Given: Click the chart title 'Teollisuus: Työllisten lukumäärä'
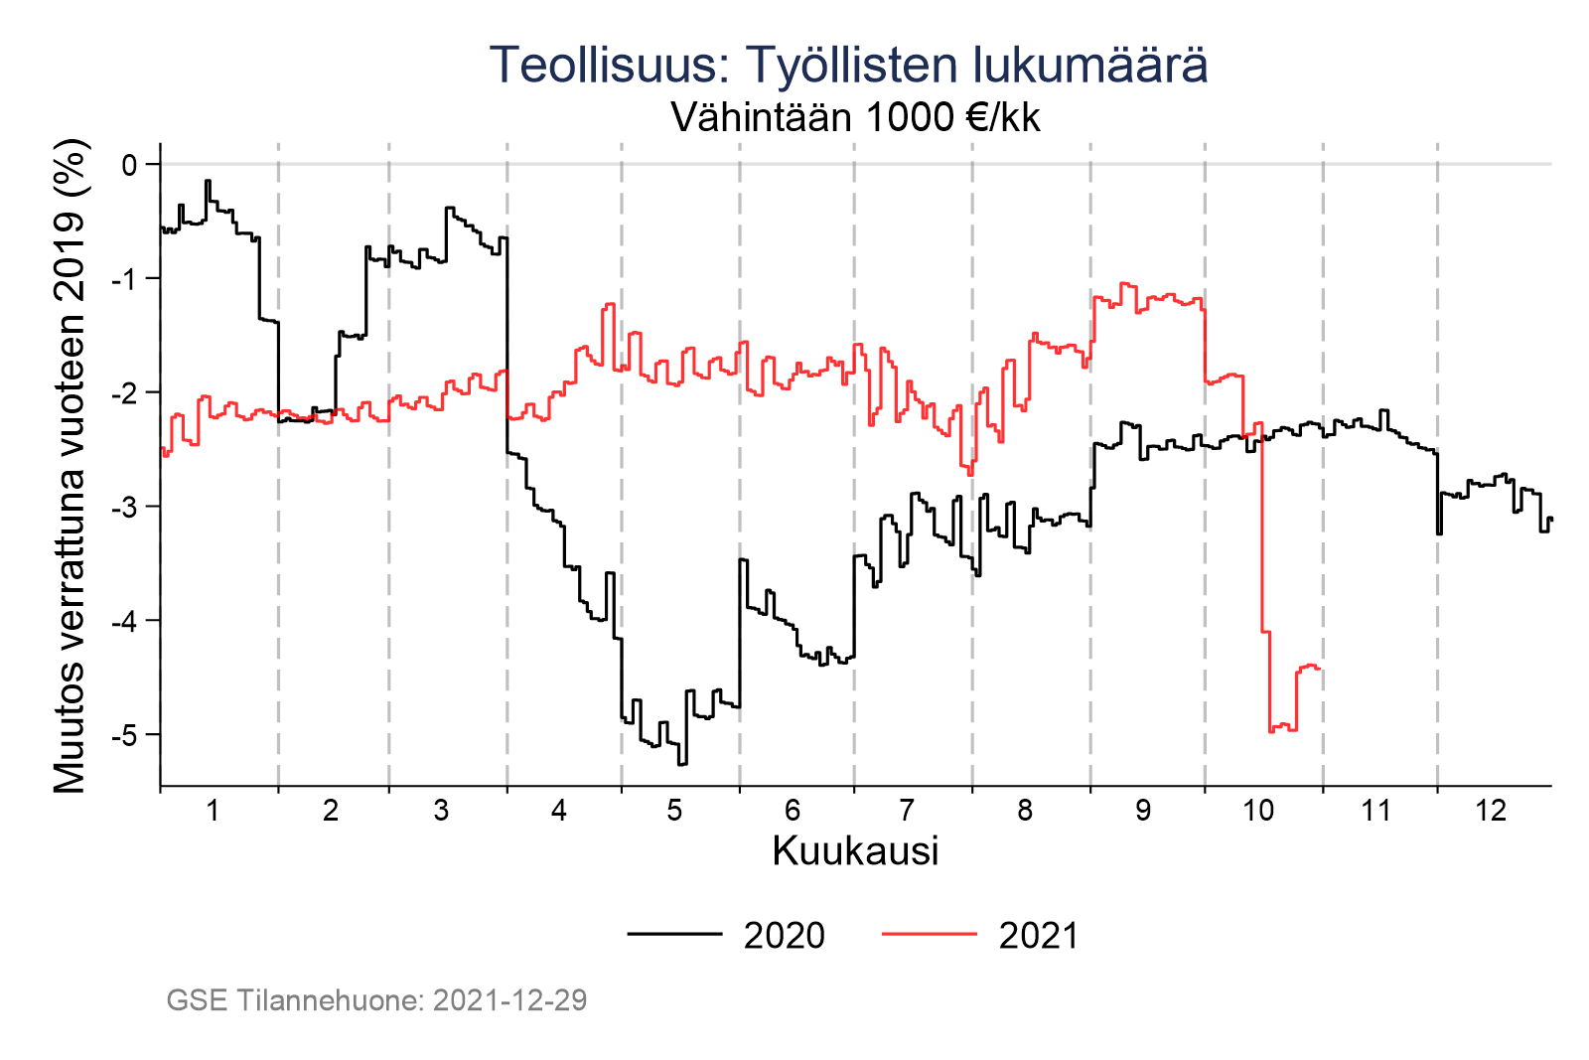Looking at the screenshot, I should (848, 66).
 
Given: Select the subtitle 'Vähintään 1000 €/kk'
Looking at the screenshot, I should (855, 118).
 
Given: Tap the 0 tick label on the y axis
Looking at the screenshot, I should (129, 164).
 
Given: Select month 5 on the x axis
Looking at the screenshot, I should (675, 811).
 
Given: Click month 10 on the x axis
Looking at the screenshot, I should (1258, 811).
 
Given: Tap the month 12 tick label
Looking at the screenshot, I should (1491, 811).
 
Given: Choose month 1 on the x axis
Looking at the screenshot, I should (213, 811).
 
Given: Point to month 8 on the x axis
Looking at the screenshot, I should (1025, 811).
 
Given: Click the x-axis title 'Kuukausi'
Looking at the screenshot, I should (855, 852).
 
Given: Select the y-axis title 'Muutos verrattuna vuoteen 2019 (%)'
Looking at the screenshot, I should (71, 467).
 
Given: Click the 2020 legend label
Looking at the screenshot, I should (784, 936).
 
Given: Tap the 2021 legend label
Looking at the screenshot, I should (1038, 936).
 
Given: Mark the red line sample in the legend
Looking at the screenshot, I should (929, 934).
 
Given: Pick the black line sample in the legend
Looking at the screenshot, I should (674, 934).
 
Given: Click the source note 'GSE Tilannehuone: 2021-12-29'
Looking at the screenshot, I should (376, 1000).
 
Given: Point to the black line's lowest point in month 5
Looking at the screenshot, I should (682, 764).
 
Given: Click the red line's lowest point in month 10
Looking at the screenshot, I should (1271, 731).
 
